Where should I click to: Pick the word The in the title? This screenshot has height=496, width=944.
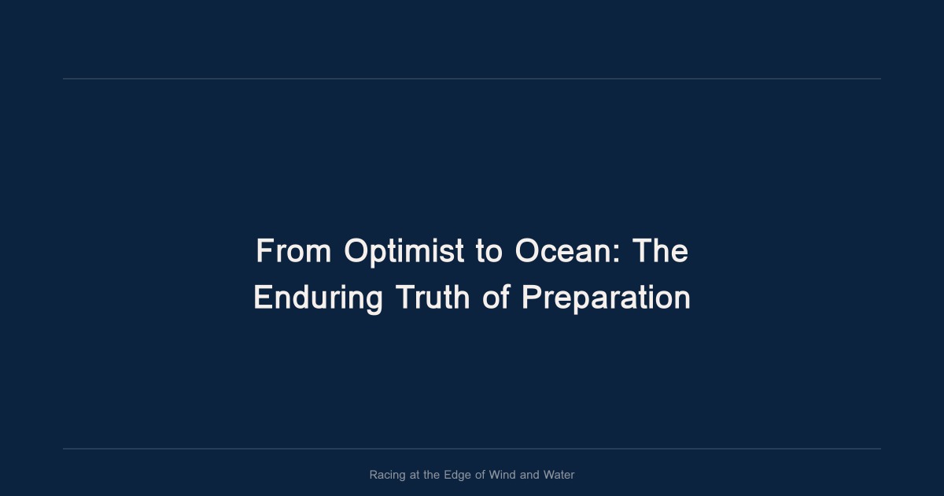(661, 251)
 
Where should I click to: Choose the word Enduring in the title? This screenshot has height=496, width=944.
(318, 298)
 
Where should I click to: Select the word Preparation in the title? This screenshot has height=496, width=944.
(606, 298)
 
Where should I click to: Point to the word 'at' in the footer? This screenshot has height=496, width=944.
(415, 475)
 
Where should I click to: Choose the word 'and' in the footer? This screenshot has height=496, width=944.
(530, 475)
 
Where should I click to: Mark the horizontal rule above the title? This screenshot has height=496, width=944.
(472, 79)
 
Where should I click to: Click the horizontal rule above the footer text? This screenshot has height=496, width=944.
(472, 449)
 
